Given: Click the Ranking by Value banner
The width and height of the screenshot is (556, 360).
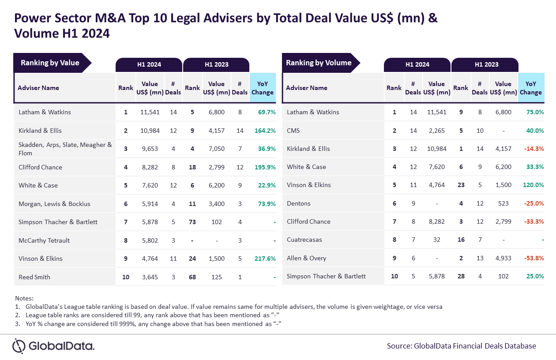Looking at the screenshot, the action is pos(52,63).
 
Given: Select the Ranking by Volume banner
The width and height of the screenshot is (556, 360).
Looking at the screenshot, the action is pos(321,63).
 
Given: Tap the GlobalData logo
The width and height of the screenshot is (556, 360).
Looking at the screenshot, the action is pos(53,346).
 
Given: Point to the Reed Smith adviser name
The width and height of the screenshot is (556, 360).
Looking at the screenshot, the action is pos(34,277).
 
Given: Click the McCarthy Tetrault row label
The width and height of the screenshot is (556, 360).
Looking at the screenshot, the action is pos(44,240).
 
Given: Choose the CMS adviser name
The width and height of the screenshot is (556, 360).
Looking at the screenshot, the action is pos(293,131).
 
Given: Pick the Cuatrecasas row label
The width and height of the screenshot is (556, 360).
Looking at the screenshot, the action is pos(304,240).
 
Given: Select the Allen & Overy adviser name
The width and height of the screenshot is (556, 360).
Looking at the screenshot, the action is pos(306,258).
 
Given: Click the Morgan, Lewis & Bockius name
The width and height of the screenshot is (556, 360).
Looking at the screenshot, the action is pos(54,204).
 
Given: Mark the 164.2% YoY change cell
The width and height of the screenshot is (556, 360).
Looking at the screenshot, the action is pos(265,131).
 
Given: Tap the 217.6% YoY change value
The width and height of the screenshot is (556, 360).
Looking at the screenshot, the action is pos(265,259).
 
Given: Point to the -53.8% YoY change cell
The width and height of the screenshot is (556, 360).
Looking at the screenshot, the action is pos(534,258).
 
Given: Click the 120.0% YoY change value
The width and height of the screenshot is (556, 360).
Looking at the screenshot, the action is pos(533,185).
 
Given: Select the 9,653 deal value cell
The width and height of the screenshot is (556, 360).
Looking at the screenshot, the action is pos(150,149).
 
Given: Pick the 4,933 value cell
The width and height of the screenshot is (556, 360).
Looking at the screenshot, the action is pos(503,258).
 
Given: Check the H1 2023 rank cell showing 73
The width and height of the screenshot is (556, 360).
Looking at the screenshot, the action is pos(192,222).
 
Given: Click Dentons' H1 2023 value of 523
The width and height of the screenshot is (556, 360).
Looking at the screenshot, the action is pos(503,203).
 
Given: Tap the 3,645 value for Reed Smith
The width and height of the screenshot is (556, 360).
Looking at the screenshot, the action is pos(150,277).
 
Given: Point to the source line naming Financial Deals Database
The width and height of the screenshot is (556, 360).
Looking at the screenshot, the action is pos(462,346).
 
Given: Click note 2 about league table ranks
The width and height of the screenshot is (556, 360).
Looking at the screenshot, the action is pos(147,315).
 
